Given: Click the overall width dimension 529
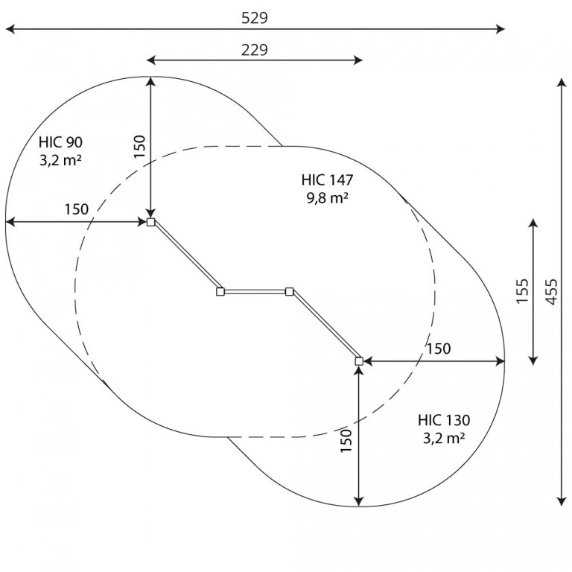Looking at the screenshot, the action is click(254, 18).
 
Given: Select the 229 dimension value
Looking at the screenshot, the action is click(254, 50).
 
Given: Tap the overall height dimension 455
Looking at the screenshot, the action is click(552, 292).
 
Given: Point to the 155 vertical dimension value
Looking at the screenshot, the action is click(522, 290).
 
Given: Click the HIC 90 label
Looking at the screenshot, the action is click(60, 142).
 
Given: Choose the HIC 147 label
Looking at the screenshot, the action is click(327, 179).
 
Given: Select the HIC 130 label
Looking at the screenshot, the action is click(444, 420).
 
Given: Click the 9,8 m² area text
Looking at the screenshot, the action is click(327, 198).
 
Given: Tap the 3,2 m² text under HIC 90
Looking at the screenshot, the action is click(60, 160).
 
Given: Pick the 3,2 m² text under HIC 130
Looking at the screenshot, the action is click(444, 438).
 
